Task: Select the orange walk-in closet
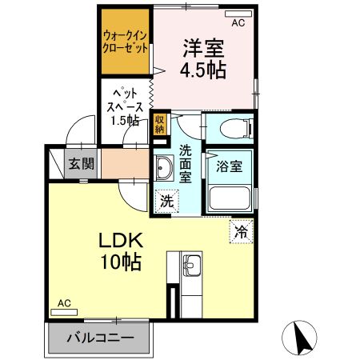124,42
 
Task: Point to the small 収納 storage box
160,122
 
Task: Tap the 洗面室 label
186,162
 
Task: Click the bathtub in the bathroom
229,198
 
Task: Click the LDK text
121,241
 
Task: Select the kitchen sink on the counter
191,265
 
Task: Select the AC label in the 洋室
238,23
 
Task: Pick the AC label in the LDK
65,303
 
